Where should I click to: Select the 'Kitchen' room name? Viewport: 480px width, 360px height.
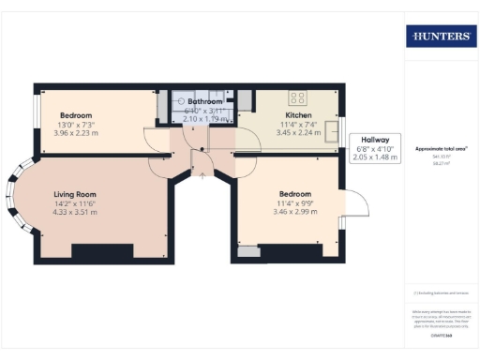point(298,114)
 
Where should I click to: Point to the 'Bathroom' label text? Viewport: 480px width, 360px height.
point(203,100)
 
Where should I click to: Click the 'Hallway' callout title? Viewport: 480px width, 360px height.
point(374,140)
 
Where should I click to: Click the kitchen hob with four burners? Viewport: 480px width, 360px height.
point(299,97)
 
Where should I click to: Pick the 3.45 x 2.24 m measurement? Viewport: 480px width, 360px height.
point(298,133)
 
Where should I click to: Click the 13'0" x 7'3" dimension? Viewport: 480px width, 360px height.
point(76,124)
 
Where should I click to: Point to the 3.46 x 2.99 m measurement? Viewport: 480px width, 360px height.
point(297,212)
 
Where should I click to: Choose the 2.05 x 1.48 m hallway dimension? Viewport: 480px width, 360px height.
point(375,158)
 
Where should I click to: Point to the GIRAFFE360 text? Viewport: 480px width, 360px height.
point(441,335)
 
